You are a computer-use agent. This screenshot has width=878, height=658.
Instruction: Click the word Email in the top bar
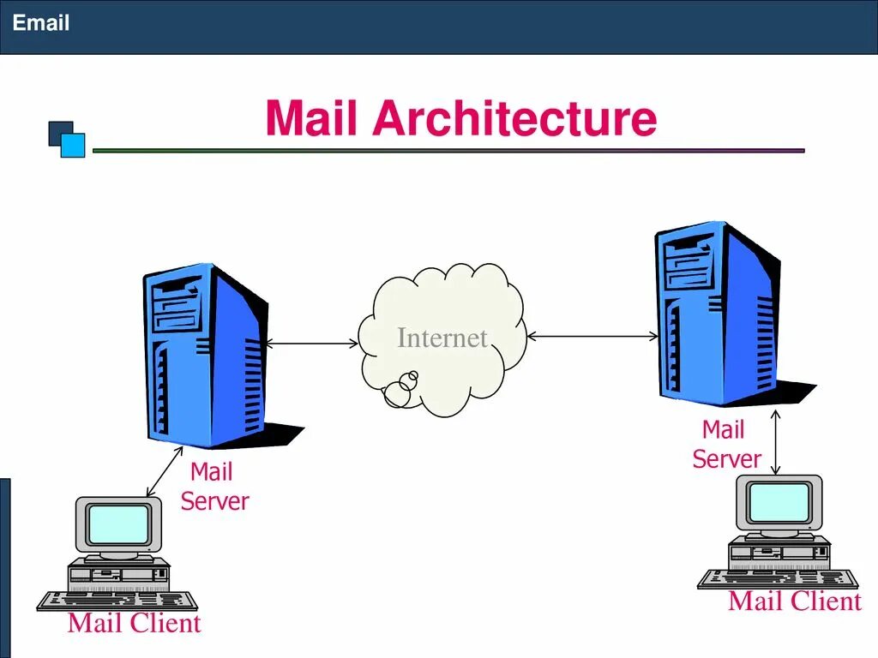[x=41, y=23]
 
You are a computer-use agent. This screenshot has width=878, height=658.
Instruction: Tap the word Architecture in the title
[x=514, y=118]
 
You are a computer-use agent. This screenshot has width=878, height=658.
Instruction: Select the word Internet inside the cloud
[x=442, y=338]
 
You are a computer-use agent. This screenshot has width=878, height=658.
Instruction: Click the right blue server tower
[x=716, y=313]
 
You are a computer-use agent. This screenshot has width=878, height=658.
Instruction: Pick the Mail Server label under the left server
[x=213, y=487]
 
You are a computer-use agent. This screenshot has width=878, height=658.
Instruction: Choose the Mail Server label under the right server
[x=725, y=444]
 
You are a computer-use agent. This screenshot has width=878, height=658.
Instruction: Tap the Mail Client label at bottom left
[x=134, y=623]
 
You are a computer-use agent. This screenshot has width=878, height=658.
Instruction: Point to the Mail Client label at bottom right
[x=794, y=601]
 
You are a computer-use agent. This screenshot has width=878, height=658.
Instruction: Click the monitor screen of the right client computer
[x=779, y=502]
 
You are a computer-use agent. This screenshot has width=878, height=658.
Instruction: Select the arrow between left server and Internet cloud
[x=312, y=344]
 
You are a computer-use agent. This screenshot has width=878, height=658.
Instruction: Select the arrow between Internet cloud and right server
[x=592, y=338]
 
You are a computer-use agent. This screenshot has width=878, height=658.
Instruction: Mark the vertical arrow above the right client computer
[x=775, y=442]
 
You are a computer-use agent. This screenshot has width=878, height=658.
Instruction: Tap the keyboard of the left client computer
[x=117, y=601]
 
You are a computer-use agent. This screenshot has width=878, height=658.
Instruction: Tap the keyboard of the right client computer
[x=777, y=579]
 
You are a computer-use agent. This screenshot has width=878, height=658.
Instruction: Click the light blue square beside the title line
[x=74, y=145]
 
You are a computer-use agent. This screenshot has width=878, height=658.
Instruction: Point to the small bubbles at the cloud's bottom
[x=401, y=389]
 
